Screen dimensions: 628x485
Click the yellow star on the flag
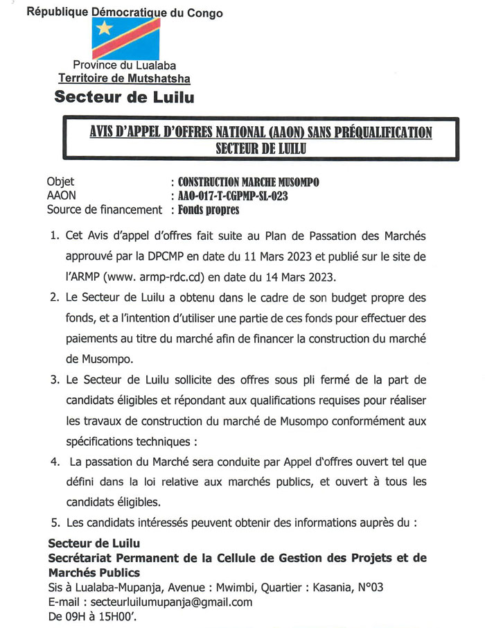pos(105,28)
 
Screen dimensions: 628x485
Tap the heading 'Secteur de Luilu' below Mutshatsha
pos(124,97)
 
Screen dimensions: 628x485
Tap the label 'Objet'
pos(60,183)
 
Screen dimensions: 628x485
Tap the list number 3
pos(54,381)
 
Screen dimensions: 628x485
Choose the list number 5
pos(54,522)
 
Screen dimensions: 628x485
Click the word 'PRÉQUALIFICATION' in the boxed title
pos(375,133)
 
